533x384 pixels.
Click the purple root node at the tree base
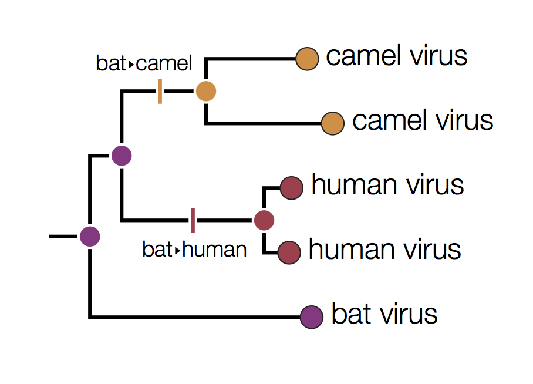90,236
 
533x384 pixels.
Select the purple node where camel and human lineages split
122,156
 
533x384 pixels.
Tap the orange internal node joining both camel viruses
206,91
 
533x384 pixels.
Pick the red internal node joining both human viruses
264,220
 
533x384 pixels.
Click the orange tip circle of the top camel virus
307,59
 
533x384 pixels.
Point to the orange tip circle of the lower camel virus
333,123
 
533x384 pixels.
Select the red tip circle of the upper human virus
291,188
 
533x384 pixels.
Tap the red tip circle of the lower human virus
289,252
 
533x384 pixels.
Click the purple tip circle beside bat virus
311,317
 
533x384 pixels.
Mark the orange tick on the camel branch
160,92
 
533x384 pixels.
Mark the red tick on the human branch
193,220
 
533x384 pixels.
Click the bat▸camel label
144,63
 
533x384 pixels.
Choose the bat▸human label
194,250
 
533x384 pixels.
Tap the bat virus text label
384,314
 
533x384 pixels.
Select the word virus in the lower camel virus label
464,121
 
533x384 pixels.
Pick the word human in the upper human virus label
353,186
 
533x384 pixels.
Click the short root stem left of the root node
63,236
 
